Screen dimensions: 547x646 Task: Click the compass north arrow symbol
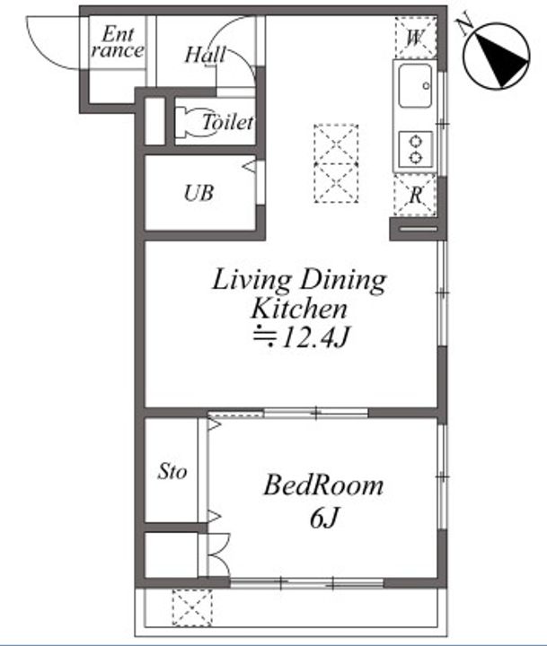pyautogui.click(x=497, y=56)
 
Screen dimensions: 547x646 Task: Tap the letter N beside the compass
pyautogui.click(x=465, y=26)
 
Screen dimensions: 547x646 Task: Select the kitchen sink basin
pyautogui.click(x=415, y=86)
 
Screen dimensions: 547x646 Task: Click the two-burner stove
pyautogui.click(x=416, y=149)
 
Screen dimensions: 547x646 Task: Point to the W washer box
pyautogui.click(x=416, y=38)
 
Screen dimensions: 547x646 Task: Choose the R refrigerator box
pyautogui.click(x=415, y=195)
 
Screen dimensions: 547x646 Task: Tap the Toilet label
pyautogui.click(x=227, y=122)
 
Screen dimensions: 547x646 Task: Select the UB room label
pyautogui.click(x=199, y=193)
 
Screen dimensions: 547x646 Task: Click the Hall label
pyautogui.click(x=206, y=55)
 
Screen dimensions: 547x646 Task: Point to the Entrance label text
pyautogui.click(x=118, y=42)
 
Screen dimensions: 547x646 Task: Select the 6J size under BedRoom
pyautogui.click(x=324, y=518)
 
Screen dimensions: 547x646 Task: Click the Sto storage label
pyautogui.click(x=172, y=471)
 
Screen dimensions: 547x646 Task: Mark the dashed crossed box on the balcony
pyautogui.click(x=192, y=607)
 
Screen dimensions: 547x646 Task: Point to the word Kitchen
pyautogui.click(x=299, y=308)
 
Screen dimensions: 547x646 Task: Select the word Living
pyautogui.click(x=252, y=281)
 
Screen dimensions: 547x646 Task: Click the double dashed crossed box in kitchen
pyautogui.click(x=336, y=163)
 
